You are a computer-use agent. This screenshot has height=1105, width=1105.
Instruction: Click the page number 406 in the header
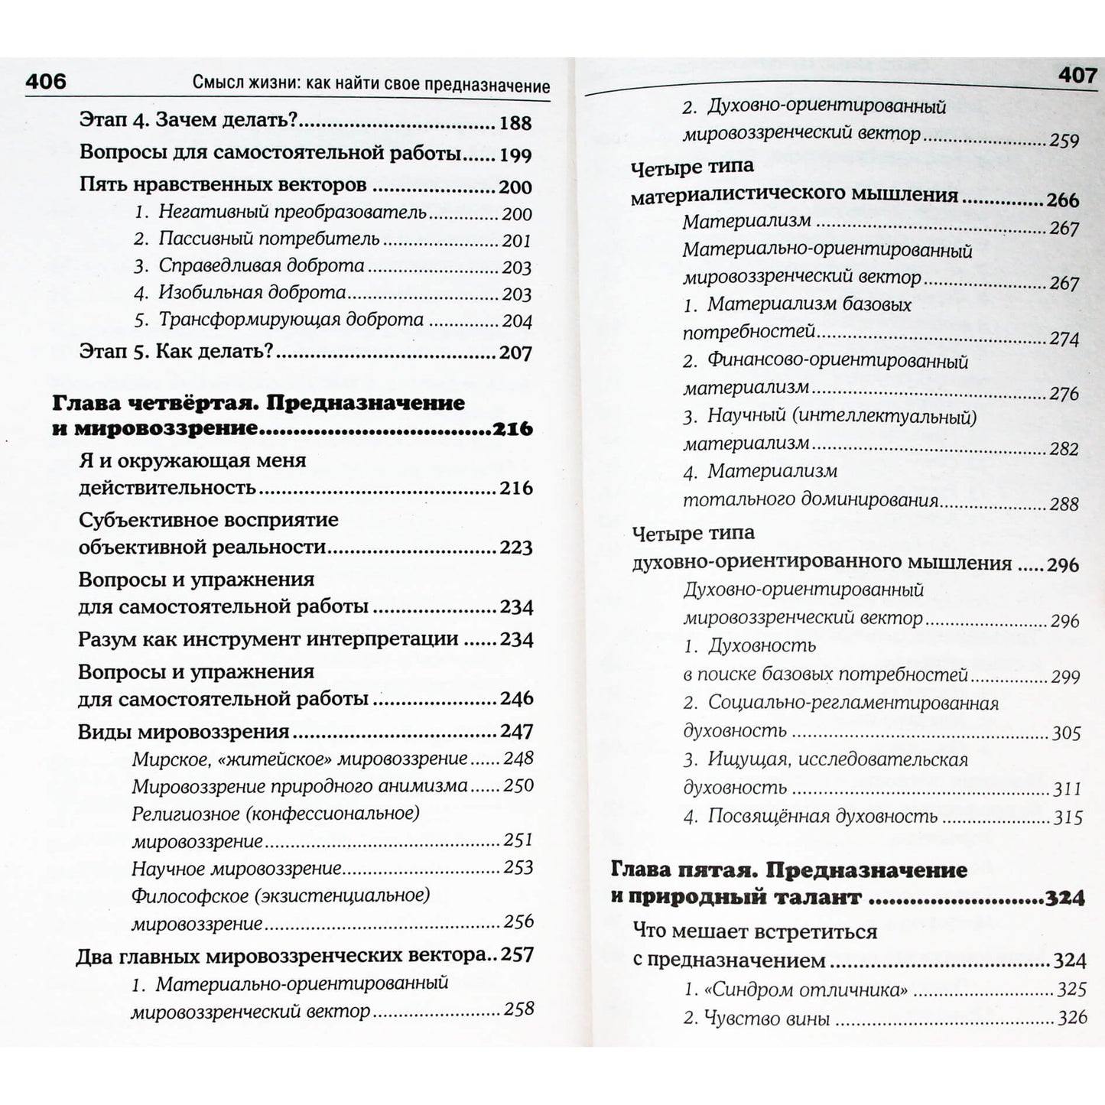click(x=46, y=82)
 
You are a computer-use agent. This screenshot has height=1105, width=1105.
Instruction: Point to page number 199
click(x=515, y=156)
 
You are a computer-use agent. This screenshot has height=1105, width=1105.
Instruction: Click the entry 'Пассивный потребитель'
click(x=268, y=239)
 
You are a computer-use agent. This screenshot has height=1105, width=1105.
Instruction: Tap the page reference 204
click(x=517, y=321)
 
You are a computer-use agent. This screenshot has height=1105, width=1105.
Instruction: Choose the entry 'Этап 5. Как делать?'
click(x=176, y=352)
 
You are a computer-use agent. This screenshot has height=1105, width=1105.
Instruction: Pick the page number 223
click(x=515, y=548)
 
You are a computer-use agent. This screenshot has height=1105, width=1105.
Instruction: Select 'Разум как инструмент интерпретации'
click(x=268, y=639)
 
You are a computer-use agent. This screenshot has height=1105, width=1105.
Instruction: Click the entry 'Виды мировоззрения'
click(x=184, y=732)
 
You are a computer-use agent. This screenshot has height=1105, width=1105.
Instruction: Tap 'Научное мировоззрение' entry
click(x=236, y=869)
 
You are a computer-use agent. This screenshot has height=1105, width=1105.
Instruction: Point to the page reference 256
click(x=518, y=921)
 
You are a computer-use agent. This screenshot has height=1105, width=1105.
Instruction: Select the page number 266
click(x=1063, y=200)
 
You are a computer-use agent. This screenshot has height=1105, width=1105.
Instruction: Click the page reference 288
click(x=1064, y=504)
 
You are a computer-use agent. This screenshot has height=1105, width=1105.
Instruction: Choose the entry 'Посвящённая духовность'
click(x=822, y=817)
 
